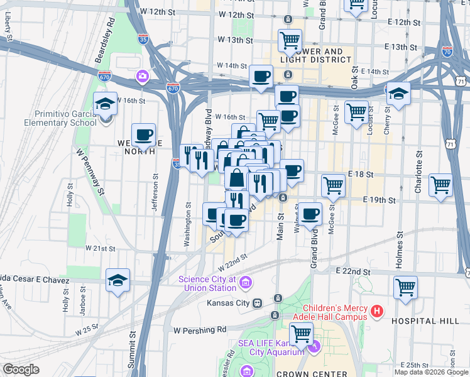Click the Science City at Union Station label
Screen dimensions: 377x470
(x=207, y=283)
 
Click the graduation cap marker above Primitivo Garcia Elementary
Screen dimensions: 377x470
(x=106, y=104)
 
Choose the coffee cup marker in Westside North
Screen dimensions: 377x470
(x=144, y=134)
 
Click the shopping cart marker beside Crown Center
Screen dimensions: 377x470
(x=301, y=336)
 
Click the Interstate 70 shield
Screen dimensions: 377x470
(x=447, y=52)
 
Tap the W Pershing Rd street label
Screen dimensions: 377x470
(x=200, y=330)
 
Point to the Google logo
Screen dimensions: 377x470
(x=21, y=369)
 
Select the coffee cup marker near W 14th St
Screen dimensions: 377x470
(x=261, y=77)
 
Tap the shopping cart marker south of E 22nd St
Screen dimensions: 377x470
(x=405, y=287)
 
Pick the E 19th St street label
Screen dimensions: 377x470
(x=379, y=200)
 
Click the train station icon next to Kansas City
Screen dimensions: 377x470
(x=257, y=303)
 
